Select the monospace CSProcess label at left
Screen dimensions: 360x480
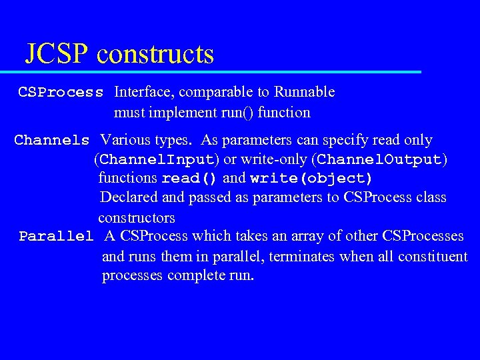click(x=61, y=92)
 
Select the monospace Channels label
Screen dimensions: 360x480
click(x=52, y=141)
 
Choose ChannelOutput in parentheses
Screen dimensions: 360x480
click(x=379, y=160)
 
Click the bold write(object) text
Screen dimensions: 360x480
click(x=311, y=179)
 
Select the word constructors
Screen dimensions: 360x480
click(x=137, y=217)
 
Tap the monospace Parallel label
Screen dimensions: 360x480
click(x=56, y=237)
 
